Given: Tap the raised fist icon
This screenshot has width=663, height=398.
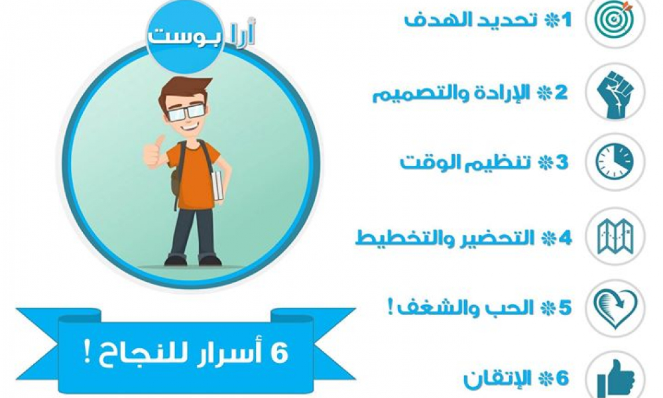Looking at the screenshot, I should [616, 93].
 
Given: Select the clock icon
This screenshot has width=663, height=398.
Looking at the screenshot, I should [616, 162].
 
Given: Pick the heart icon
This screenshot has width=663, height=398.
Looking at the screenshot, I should [616, 307].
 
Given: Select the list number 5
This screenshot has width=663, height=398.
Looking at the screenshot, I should [565, 308].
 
